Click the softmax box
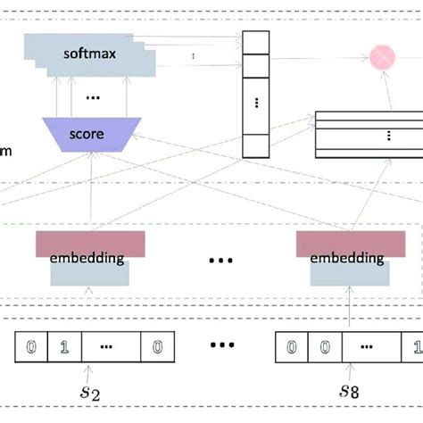(x=89, y=54)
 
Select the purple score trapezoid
(x=86, y=135)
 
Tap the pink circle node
(x=383, y=57)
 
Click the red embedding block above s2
(x=90, y=244)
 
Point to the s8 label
(x=345, y=393)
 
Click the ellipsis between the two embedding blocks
(x=220, y=260)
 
